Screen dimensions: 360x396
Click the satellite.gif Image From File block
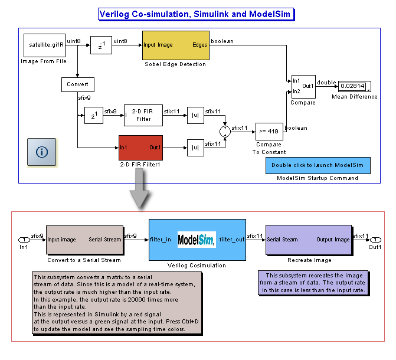[44, 45]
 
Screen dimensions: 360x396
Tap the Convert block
[77, 84]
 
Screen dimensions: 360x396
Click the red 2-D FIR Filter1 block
[140, 148]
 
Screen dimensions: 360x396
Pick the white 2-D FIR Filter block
[143, 115]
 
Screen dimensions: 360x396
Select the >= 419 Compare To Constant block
[269, 132]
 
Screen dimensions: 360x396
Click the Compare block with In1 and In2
[303, 86]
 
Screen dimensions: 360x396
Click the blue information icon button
[41, 152]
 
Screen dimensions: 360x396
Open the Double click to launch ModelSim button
[317, 165]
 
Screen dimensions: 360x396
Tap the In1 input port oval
[24, 240]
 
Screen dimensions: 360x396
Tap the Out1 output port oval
[374, 240]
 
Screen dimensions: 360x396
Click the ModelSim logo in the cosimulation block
[197, 239]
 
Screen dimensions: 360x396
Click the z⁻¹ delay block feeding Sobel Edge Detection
[101, 45]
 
